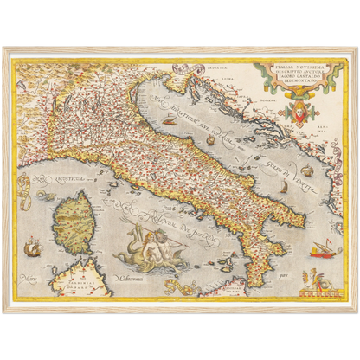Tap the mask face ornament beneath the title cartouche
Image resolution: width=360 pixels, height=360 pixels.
tap(299, 109)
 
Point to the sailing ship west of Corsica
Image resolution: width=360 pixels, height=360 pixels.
tap(33, 249)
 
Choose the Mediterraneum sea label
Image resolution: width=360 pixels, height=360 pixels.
tap(127, 281)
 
